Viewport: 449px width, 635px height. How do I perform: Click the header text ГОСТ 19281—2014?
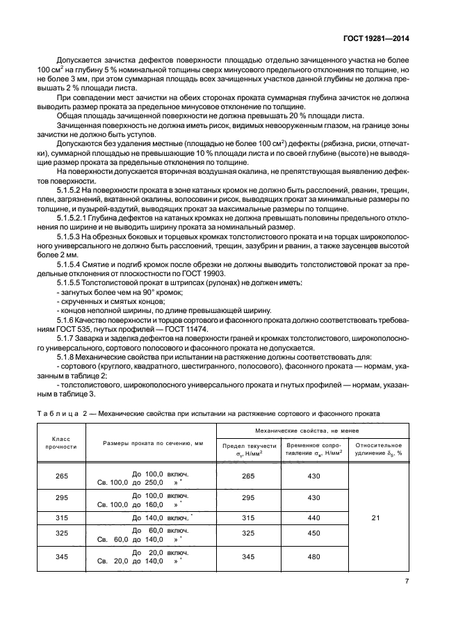pos(381,39)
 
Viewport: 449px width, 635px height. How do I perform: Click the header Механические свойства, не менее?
pos(311,431)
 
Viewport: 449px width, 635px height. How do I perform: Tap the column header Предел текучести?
pos(249,449)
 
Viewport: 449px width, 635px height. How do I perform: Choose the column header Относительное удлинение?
pos(379,449)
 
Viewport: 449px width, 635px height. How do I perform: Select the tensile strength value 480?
pos(313,557)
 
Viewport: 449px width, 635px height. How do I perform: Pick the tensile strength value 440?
pos(313,518)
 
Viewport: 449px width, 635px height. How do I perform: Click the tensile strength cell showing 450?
pos(313,534)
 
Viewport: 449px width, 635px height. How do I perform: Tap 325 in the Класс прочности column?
pos(58,534)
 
